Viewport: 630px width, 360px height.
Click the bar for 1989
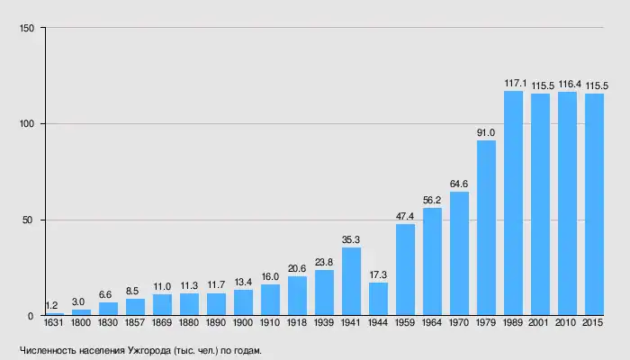513,203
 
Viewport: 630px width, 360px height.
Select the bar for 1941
351,282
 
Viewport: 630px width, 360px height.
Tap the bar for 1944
378,299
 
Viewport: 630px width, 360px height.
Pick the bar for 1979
486,229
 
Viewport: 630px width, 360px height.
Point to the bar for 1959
405,270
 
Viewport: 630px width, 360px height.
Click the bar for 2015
594,205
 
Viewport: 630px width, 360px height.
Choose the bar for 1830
108,310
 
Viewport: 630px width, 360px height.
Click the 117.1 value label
513,84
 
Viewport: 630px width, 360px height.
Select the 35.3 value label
351,240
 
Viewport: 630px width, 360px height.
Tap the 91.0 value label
486,133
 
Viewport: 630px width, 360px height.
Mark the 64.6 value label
459,184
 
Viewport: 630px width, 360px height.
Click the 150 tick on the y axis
27,28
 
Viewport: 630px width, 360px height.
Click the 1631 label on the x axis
54,322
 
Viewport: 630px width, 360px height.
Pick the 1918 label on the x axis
297,322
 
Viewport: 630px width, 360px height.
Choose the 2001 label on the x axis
540,322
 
